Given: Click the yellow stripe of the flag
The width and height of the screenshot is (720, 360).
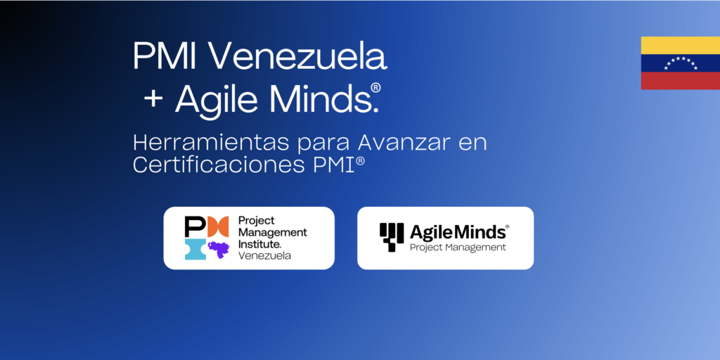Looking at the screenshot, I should (x=680, y=45).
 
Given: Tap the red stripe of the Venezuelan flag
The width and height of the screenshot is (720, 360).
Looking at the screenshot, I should (x=680, y=81).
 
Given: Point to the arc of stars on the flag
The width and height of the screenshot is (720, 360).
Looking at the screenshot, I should (x=680, y=63).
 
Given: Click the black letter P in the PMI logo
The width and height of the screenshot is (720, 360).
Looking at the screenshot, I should (x=194, y=226).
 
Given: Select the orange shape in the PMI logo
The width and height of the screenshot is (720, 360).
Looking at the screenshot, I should (x=218, y=226).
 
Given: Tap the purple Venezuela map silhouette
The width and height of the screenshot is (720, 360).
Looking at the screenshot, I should (x=219, y=248).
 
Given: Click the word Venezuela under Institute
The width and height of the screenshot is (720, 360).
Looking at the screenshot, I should (x=264, y=255).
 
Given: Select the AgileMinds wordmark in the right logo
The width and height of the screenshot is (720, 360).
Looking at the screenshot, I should (x=457, y=231).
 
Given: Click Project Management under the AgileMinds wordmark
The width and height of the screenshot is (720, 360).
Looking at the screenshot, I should (x=458, y=247).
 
